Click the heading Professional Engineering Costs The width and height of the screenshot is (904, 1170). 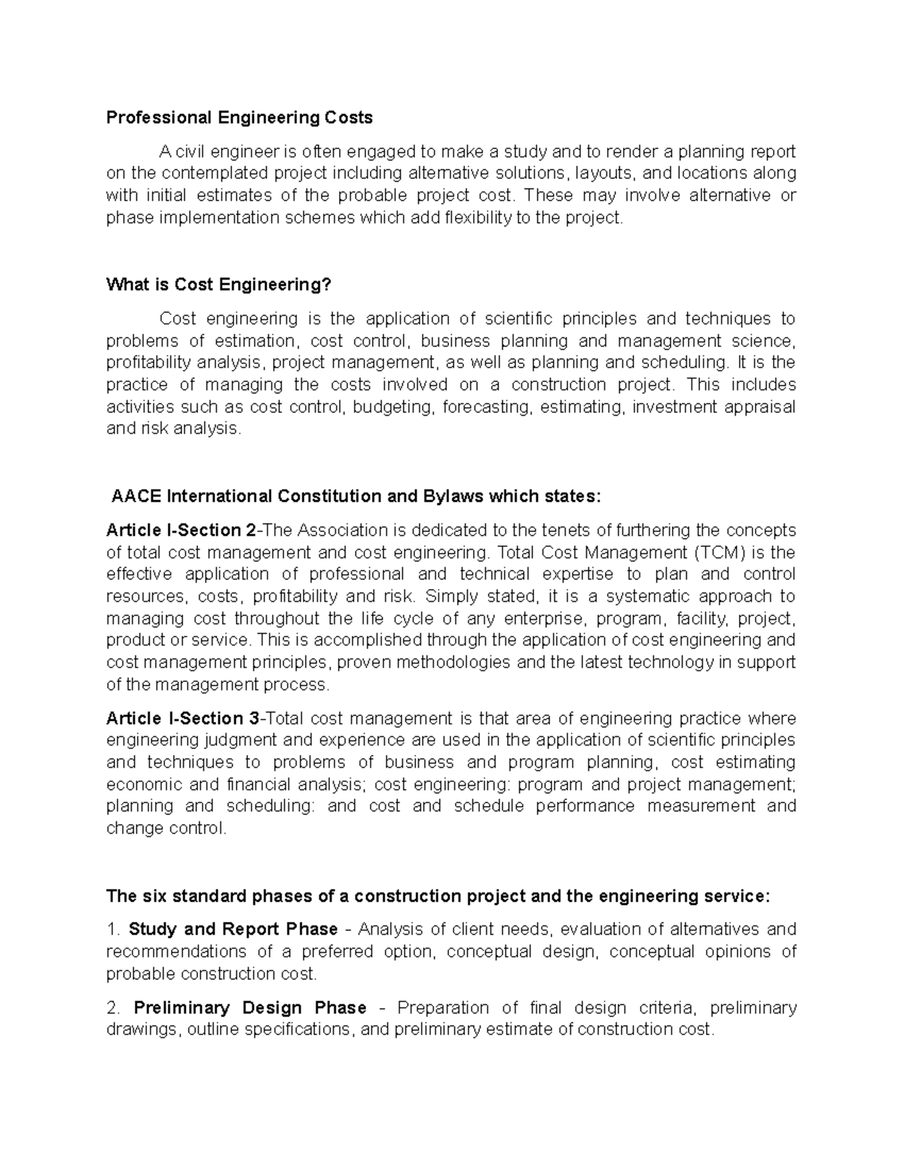pyautogui.click(x=239, y=118)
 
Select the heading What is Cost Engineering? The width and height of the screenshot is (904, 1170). pyautogui.click(x=218, y=285)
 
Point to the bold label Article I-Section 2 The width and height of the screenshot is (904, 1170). pyautogui.click(x=182, y=530)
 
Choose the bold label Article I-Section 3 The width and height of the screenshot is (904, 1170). pyautogui.click(x=182, y=718)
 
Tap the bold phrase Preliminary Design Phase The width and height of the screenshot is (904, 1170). pyautogui.click(x=249, y=1008)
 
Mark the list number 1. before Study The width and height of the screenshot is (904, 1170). pyautogui.click(x=113, y=929)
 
